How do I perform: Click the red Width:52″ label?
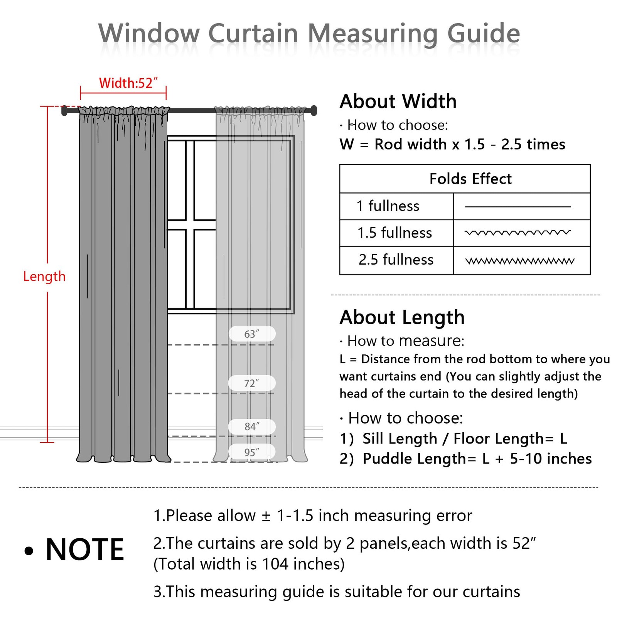[x=128, y=83]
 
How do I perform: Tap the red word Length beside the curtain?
[x=44, y=276]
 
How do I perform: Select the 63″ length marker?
[x=252, y=334]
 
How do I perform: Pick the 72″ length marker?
[x=252, y=383]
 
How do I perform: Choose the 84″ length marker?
[x=252, y=427]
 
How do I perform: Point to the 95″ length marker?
[x=252, y=452]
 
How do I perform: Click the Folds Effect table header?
[x=470, y=179]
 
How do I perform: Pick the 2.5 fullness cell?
[x=396, y=260]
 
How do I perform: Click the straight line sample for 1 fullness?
[x=518, y=207]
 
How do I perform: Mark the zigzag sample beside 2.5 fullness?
[x=520, y=261]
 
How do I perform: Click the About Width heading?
[x=398, y=101]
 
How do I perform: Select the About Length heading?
[x=402, y=318]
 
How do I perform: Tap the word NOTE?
[x=85, y=550]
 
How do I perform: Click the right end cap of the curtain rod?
[x=314, y=111]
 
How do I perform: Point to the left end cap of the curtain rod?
[x=64, y=111]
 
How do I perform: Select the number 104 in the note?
[x=275, y=564]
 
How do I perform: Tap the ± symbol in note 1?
[x=266, y=516]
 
